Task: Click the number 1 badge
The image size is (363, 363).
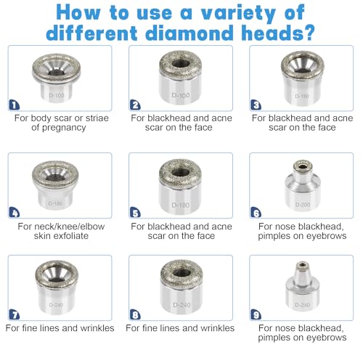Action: click(x=15, y=105)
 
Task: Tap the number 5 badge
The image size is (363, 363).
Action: click(x=135, y=213)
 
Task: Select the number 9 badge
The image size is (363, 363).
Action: click(x=256, y=314)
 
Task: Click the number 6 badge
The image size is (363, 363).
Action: click(x=256, y=213)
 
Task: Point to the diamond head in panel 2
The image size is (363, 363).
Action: click(x=181, y=78)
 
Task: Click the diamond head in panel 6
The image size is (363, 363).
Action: click(x=303, y=185)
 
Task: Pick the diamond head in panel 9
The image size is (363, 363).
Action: click(x=303, y=287)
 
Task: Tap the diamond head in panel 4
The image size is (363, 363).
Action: click(x=55, y=185)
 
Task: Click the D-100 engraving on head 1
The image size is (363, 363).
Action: click(x=57, y=95)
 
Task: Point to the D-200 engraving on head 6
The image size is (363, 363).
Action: click(x=303, y=205)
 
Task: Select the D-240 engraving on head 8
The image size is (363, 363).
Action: click(x=181, y=305)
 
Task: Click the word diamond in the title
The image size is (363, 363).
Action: click(x=189, y=33)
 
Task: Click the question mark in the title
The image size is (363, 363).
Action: click(x=309, y=33)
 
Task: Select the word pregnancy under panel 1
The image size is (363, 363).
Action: click(x=64, y=128)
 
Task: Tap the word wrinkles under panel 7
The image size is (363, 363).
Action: click(x=97, y=328)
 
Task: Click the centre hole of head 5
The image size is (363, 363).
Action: click(x=181, y=172)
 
